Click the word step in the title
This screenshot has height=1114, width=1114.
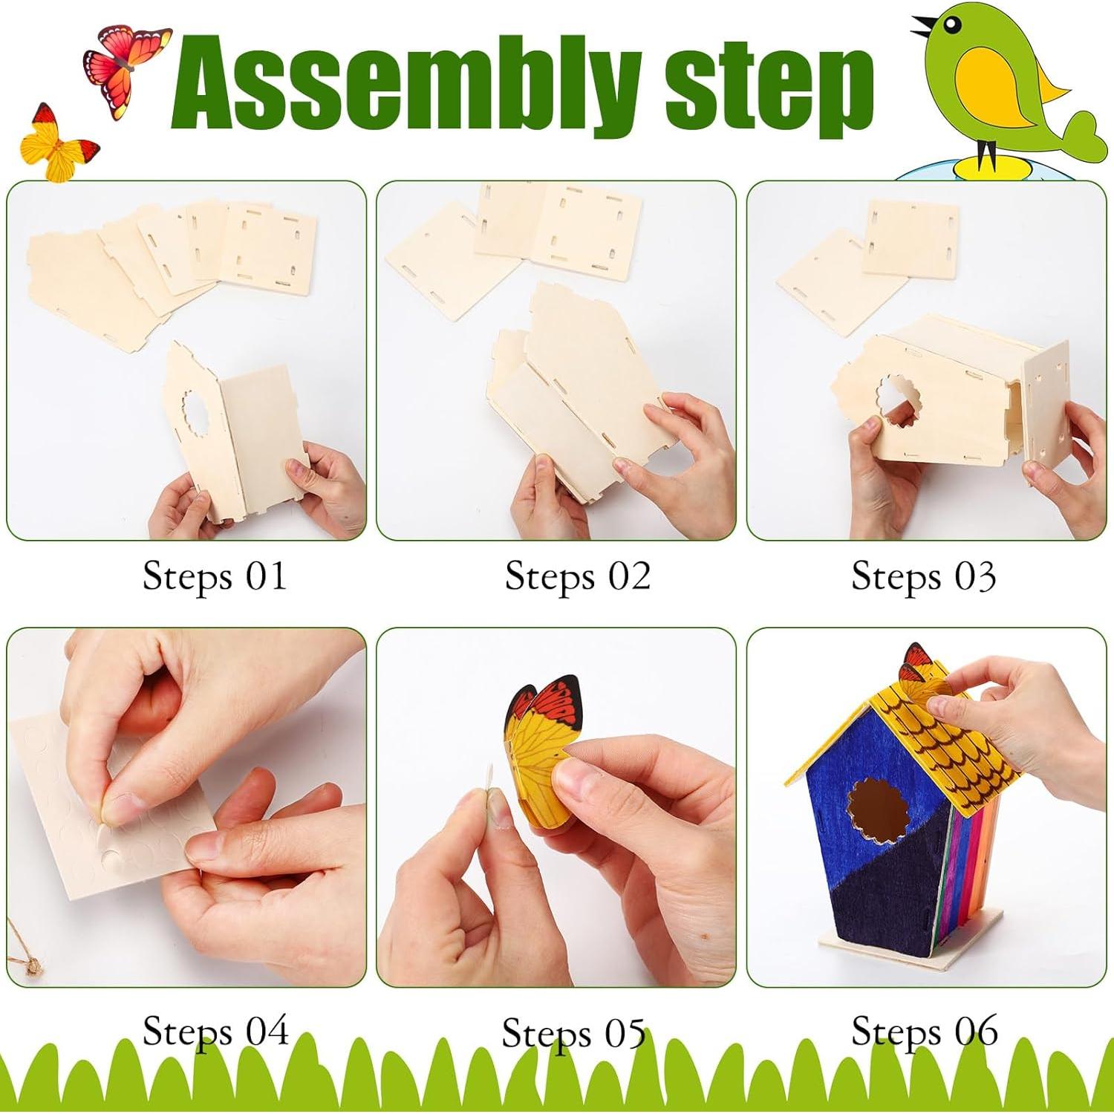pyautogui.click(x=769, y=93)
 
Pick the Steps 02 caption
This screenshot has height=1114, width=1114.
pyautogui.click(x=577, y=576)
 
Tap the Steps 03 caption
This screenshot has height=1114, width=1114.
pyautogui.click(x=923, y=576)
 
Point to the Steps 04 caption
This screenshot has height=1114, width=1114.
pyautogui.click(x=215, y=1031)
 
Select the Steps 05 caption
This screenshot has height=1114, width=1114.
pyautogui.click(x=573, y=1032)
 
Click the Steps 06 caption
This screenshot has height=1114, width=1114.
pyautogui.click(x=925, y=1031)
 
